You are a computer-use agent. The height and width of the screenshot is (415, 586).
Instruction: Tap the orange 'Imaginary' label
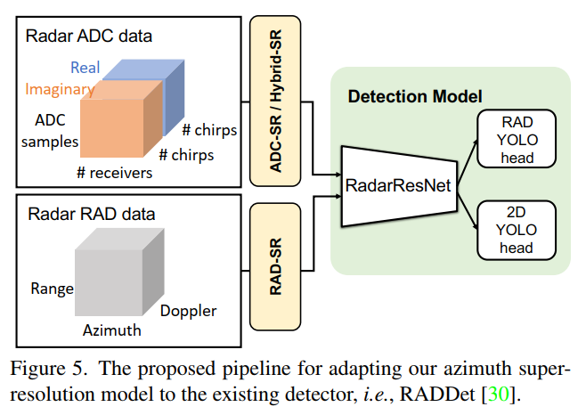click(60, 89)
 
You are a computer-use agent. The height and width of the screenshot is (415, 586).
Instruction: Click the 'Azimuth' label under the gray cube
click(112, 330)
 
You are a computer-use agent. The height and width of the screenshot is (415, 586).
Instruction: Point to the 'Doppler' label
click(188, 311)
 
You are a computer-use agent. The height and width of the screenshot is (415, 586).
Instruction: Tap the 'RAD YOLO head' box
click(517, 139)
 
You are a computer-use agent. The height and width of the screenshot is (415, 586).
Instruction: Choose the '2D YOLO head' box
click(517, 229)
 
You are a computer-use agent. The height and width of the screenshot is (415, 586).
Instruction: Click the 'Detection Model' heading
click(414, 94)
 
